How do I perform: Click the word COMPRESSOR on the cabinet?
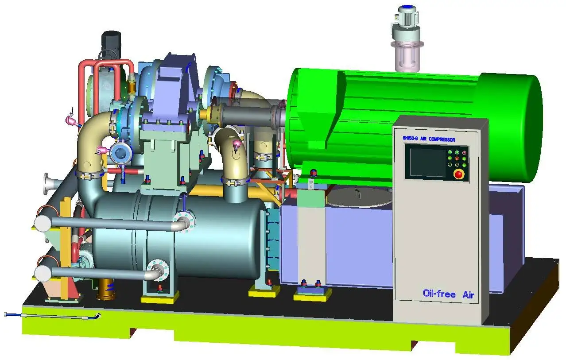[x=440, y=139]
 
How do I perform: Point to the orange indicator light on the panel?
[x=457, y=158]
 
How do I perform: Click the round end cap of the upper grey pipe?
[x=43, y=223]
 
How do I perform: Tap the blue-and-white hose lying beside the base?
[x=51, y=315]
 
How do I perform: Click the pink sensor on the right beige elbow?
[x=237, y=143]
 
